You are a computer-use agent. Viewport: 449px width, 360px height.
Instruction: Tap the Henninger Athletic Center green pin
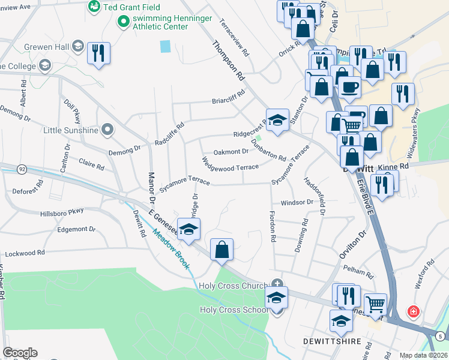124,22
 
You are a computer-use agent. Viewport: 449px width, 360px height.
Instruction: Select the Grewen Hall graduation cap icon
77,46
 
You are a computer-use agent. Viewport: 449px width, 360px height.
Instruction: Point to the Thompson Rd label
229,61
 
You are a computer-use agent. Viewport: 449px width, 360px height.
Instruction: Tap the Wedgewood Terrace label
231,163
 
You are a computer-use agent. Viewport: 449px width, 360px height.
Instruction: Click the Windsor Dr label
297,202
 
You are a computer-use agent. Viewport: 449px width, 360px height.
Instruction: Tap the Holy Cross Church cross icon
277,284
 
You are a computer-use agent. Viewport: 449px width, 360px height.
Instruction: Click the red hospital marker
413,311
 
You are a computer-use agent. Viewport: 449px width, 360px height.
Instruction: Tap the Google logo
20,353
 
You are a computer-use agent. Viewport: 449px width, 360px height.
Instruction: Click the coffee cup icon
349,87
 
